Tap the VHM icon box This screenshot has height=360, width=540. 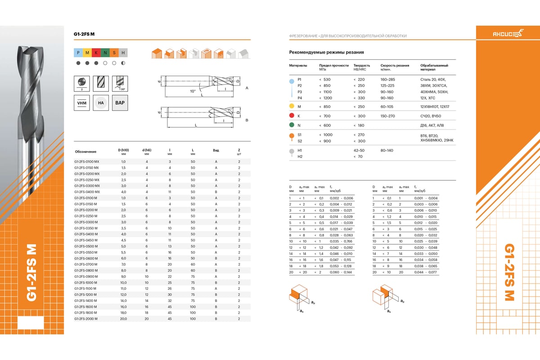(x=82, y=103)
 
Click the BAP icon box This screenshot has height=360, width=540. (x=120, y=103)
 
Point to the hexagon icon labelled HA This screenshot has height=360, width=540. (x=101, y=103)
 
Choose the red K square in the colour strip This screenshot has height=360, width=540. (x=96, y=53)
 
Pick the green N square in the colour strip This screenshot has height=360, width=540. (x=105, y=53)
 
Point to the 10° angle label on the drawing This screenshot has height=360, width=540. (x=193, y=91)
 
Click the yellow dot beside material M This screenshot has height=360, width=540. (x=292, y=107)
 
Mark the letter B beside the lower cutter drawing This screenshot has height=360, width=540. (x=247, y=121)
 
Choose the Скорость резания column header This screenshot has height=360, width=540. (x=395, y=65)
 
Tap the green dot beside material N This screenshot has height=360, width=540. (x=292, y=125)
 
